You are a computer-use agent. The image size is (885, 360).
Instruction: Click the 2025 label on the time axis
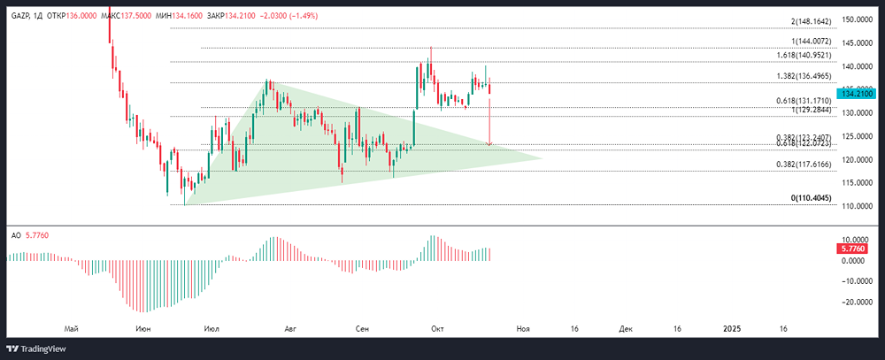point(732,328)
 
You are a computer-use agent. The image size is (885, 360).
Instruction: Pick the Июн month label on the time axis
point(142,328)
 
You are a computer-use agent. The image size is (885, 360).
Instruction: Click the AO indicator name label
point(16,235)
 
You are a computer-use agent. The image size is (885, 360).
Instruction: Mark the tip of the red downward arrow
point(489,144)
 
